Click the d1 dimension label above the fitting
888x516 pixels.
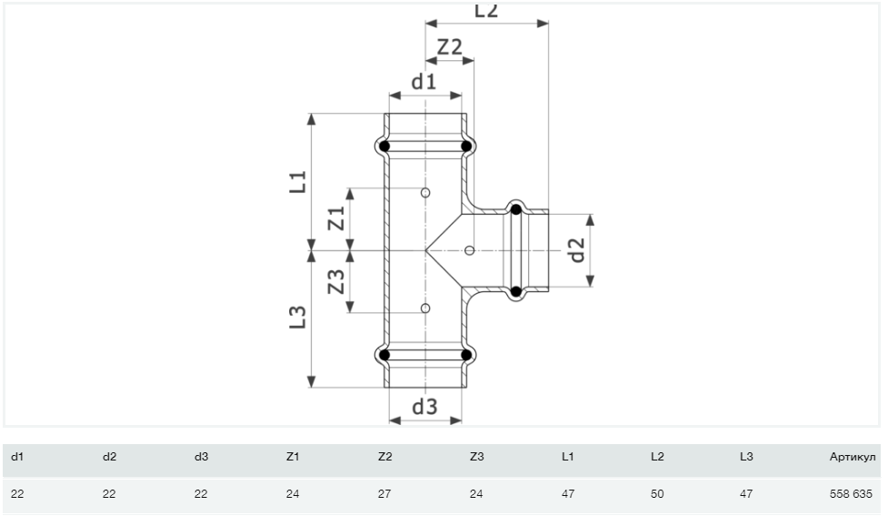tap(424, 82)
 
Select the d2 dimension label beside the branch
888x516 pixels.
tap(576, 250)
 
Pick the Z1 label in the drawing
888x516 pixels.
tap(336, 218)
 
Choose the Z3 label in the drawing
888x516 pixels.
tap(336, 282)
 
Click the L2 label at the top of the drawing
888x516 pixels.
tap(486, 11)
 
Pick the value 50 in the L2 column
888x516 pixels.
tap(657, 494)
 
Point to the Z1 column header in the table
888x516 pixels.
tap(292, 456)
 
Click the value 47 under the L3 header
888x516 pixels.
tap(746, 494)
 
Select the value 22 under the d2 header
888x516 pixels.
tap(109, 494)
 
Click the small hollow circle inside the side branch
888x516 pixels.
tap(469, 250)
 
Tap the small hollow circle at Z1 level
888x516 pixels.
tap(425, 193)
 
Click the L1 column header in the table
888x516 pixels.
tap(567, 456)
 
